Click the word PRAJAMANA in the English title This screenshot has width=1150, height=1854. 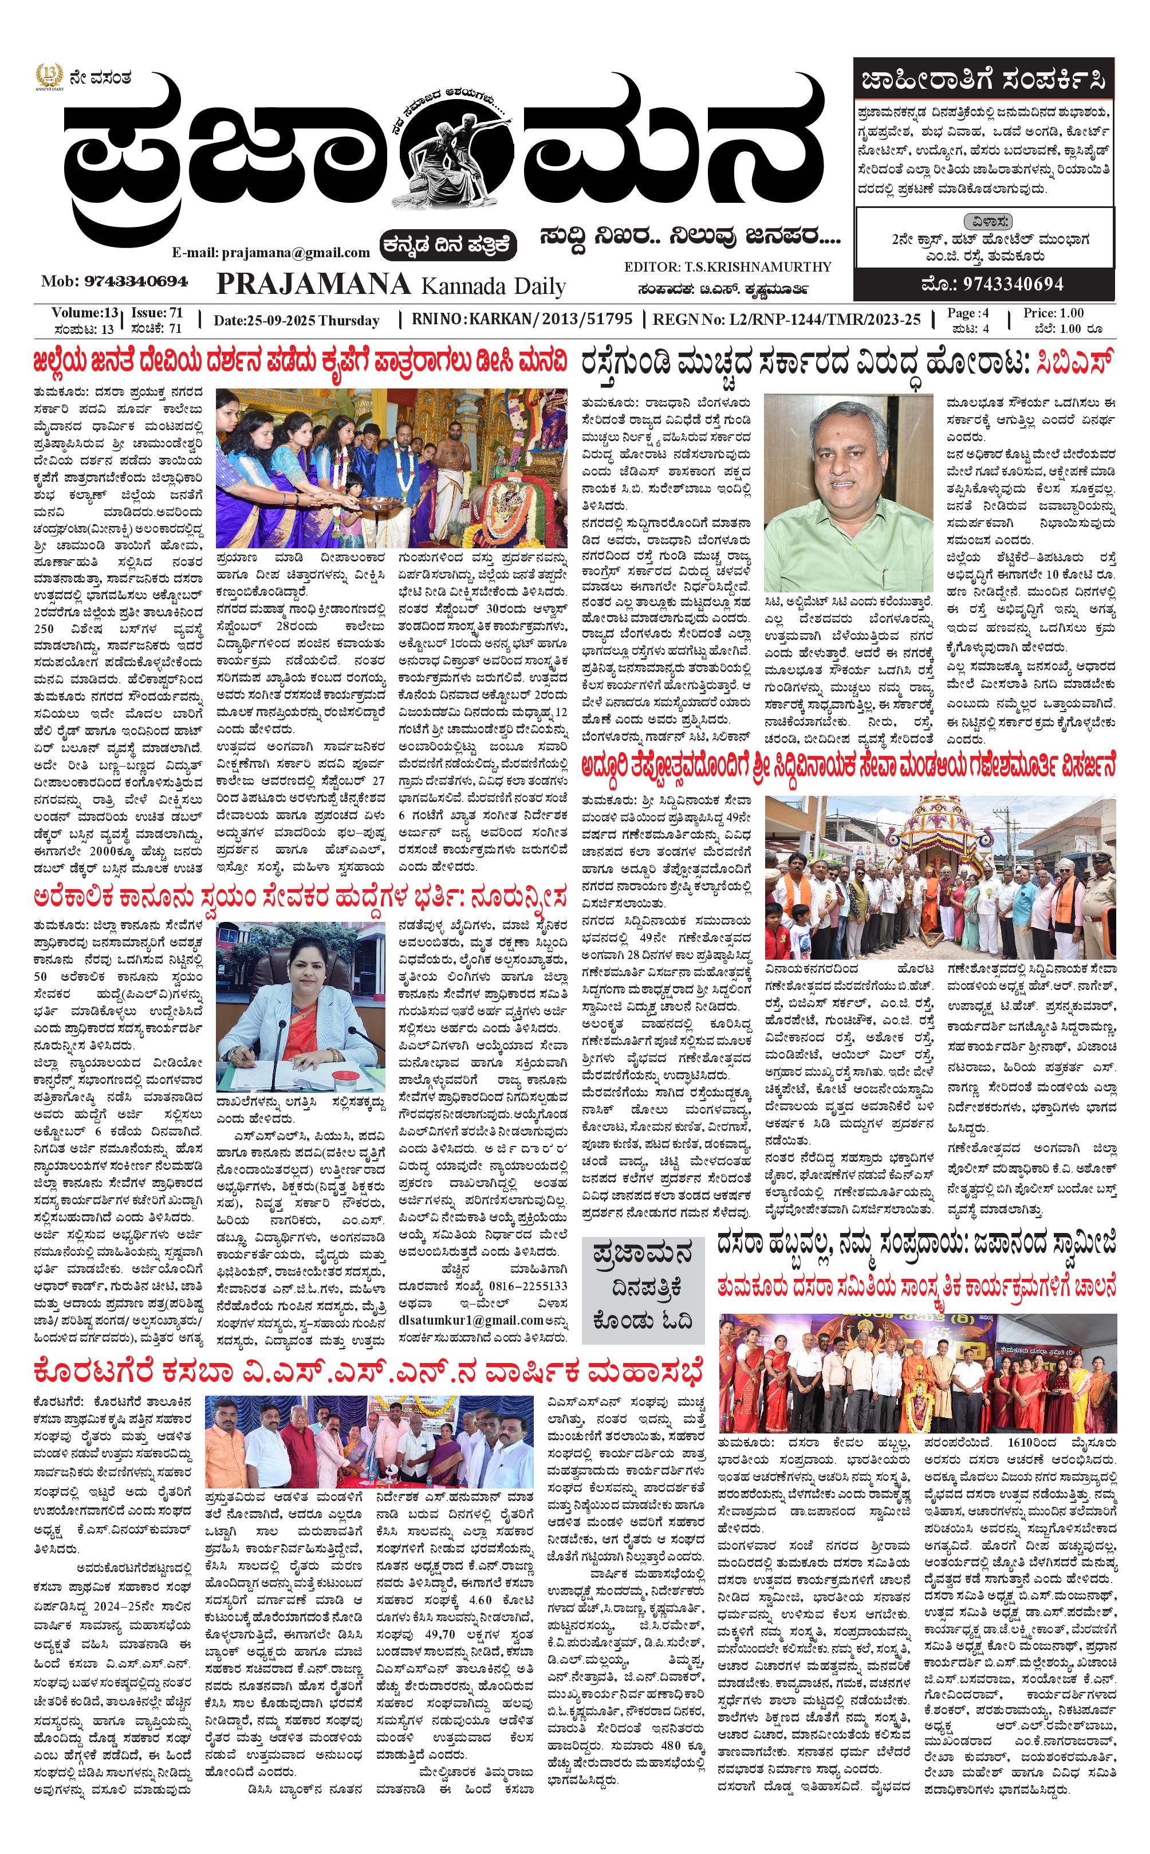[313, 284]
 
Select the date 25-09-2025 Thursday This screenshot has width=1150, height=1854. [296, 320]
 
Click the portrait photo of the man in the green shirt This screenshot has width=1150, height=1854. [848, 471]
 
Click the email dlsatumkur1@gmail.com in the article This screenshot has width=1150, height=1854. [471, 1321]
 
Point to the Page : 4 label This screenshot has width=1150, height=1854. [968, 313]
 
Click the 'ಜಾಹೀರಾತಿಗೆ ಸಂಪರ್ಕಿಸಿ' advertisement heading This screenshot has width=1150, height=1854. [983, 80]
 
